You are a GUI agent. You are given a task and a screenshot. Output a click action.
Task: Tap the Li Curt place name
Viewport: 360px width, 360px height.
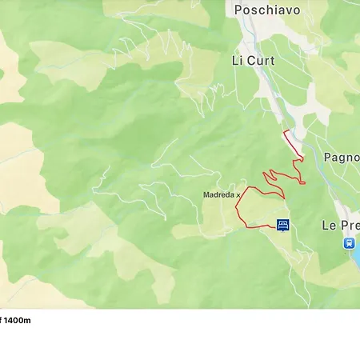(253, 61)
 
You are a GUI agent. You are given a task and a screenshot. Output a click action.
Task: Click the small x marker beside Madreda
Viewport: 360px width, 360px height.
(238, 194)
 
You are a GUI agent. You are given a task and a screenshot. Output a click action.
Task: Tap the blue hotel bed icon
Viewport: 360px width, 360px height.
(283, 225)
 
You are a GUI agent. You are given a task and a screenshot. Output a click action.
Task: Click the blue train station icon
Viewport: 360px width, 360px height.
(349, 242)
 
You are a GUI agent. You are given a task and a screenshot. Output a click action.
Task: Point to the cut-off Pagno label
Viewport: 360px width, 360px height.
(342, 157)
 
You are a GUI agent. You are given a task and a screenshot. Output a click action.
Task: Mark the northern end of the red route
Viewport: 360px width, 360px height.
(284, 130)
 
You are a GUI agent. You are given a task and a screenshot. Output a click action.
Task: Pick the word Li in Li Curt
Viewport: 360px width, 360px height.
(237, 61)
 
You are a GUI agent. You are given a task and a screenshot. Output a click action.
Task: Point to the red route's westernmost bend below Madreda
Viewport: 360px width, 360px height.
(236, 210)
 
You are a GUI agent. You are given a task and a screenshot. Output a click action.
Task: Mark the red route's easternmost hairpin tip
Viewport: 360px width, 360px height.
(305, 183)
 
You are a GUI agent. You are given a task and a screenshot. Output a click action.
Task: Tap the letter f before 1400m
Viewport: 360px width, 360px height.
(2, 320)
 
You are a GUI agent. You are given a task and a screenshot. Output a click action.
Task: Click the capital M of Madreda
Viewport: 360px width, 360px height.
(206, 194)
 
